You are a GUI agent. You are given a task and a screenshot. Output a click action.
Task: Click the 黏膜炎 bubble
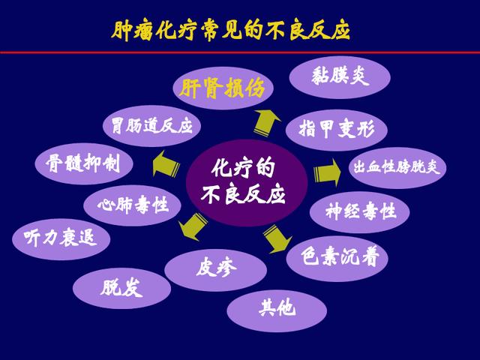coord(340,77)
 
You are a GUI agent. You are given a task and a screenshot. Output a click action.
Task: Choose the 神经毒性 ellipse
coord(360,211)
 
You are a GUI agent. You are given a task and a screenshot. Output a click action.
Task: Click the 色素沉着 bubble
coord(337,258)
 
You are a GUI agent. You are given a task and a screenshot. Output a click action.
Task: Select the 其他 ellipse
coord(277,308)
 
